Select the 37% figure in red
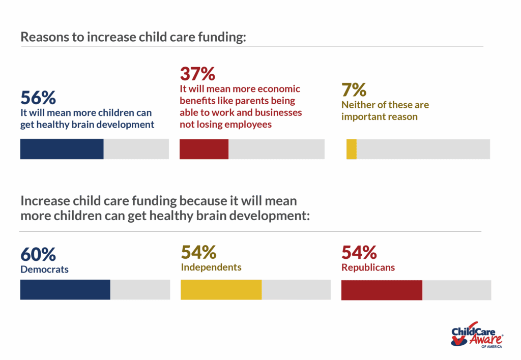coord(197,74)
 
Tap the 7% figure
coord(354,90)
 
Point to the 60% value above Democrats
coord(38,254)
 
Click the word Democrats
coord(44,269)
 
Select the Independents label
coord(211,267)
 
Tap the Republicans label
coord(368,267)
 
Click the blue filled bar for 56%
coord(62,149)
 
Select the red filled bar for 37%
coord(204,149)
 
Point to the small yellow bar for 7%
coord(351,149)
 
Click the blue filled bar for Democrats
coord(65,289)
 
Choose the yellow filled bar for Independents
coord(221,289)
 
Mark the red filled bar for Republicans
coord(382,289)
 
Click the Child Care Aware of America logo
coord(477,335)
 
